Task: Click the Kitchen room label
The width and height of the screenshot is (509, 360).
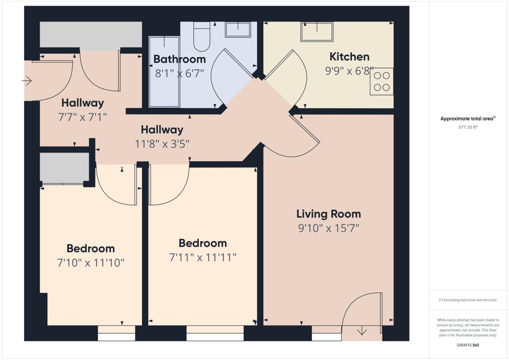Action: pos(350,57)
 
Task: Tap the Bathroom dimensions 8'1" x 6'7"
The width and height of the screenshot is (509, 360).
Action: pos(179,73)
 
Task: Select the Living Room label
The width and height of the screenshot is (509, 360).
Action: pos(328,214)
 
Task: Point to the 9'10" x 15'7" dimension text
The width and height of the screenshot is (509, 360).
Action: pos(328,229)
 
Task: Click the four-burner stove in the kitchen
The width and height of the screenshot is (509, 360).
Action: pos(381,82)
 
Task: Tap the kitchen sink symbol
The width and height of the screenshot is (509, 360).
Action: pos(317,32)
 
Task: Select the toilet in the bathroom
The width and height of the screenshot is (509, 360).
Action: pos(201,36)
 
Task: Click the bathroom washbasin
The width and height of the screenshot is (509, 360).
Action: pos(238,30)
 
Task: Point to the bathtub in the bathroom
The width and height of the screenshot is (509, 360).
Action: pos(164,71)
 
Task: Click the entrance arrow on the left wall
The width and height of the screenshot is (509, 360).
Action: pos(27,80)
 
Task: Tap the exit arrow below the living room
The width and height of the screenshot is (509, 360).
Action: pos(362,330)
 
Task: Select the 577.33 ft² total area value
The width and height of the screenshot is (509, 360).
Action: pos(468,126)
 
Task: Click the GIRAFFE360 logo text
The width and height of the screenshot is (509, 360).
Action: pos(468,345)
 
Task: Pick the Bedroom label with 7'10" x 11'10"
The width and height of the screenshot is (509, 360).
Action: pos(90,248)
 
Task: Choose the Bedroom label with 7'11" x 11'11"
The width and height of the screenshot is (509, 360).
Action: pos(202,243)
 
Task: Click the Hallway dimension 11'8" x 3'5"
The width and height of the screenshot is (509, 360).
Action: pos(162,144)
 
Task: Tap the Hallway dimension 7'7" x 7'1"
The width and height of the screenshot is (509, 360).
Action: pos(82,117)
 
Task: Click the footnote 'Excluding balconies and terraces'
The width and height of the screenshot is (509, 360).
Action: pos(468,300)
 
